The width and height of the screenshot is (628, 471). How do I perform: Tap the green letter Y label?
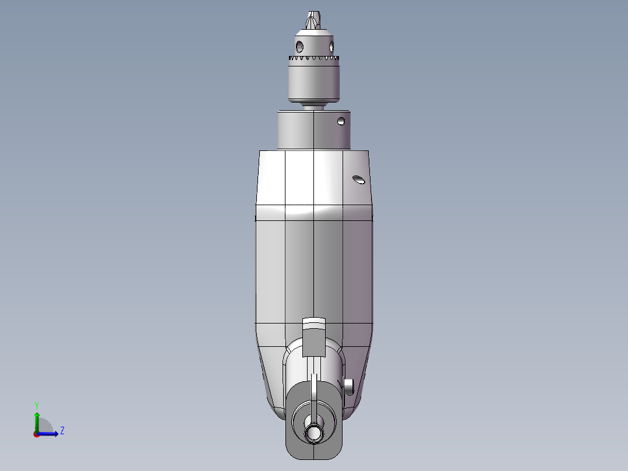click(37, 405)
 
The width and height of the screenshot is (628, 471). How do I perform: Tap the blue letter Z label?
click(62, 431)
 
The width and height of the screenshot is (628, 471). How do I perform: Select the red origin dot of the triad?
click(36, 434)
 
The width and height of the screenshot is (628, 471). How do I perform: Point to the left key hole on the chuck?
click(299, 45)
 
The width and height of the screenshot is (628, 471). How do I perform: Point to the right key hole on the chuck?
click(331, 45)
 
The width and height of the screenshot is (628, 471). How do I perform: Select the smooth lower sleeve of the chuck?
click(314, 82)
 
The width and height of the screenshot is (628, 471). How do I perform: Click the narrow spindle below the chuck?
click(314, 106)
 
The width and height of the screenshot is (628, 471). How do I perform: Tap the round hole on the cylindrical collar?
click(341, 122)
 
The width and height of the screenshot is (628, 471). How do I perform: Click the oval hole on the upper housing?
click(359, 180)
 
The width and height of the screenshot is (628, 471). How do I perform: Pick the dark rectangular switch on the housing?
click(313, 341)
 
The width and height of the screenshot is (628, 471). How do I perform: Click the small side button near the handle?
click(349, 385)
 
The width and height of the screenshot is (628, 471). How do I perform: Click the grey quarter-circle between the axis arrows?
click(45, 426)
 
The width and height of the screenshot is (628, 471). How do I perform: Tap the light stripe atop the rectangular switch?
click(313, 322)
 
